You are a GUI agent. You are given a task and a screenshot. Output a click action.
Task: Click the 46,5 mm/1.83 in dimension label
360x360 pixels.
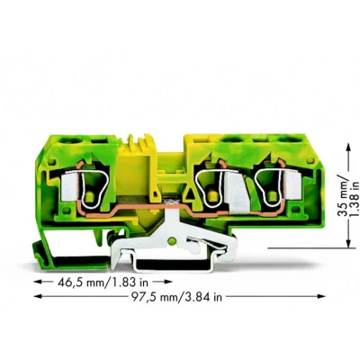pyautogui.click(x=102, y=282)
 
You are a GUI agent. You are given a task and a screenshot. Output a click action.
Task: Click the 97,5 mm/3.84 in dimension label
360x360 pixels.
pyautogui.click(x=176, y=297)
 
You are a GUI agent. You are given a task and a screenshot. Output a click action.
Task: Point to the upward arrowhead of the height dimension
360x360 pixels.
pyautogui.click(x=348, y=147)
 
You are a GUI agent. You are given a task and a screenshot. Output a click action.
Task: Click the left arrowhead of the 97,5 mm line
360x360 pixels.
pyautogui.click(x=38, y=296)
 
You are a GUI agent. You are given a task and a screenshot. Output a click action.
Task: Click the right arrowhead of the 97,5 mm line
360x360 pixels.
pyautogui.click(x=321, y=296)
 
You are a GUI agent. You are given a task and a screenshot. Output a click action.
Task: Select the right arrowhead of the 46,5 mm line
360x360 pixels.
pyautogui.click(x=167, y=282)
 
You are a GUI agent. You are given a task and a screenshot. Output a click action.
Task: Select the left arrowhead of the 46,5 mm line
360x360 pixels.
pyautogui.click(x=38, y=282)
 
